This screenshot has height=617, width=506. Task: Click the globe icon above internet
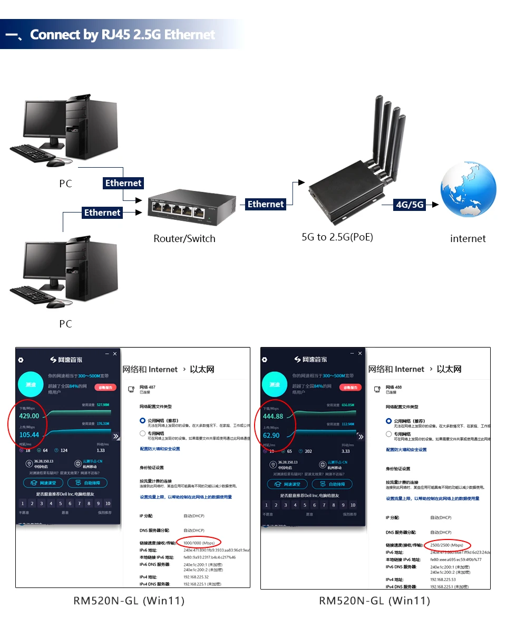coord(468,190)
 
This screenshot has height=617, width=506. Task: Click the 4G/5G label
coord(410,205)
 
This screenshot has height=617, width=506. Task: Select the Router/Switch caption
coord(184,238)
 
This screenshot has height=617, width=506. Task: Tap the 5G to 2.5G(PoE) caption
coord(337,237)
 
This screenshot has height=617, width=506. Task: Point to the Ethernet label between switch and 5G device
coord(266,204)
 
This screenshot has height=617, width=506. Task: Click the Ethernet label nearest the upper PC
coord(123,183)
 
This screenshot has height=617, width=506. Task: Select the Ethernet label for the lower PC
coord(102,213)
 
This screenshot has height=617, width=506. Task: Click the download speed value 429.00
coord(30,416)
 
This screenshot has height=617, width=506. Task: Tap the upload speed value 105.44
coord(30,435)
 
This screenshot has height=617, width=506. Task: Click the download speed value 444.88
coord(273,417)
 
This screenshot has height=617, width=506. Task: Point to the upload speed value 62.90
coord(271,436)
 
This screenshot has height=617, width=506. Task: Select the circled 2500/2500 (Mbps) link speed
coord(446,545)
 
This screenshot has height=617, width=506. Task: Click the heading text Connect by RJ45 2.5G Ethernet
coord(122,35)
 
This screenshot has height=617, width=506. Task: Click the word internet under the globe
coord(468,239)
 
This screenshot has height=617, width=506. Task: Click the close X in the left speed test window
coord(115,353)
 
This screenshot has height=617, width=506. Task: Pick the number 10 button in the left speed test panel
coord(108,504)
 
